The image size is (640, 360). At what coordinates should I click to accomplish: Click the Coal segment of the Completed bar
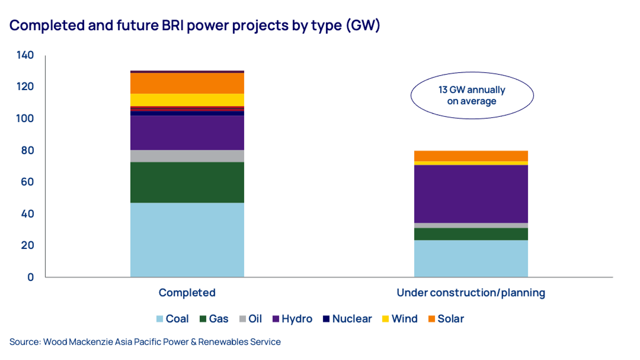(x=187, y=240)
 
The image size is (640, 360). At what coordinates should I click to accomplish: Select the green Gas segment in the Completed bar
(x=187, y=182)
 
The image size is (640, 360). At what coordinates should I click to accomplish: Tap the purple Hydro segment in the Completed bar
(x=187, y=133)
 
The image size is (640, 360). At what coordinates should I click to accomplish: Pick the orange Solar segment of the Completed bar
(x=187, y=83)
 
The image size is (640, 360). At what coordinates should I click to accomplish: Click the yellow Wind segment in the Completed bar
(x=187, y=100)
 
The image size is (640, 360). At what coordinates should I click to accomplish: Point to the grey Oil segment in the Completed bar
(x=187, y=156)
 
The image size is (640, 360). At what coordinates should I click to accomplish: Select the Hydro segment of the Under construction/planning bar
(x=471, y=194)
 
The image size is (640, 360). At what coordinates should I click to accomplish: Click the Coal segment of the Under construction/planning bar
(x=471, y=258)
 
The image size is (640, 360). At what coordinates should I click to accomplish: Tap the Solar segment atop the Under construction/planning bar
(x=471, y=156)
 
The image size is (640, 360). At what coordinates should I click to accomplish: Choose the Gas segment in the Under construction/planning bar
(x=471, y=234)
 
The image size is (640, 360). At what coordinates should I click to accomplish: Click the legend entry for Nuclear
(x=347, y=319)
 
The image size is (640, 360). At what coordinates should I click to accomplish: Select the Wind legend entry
(x=400, y=319)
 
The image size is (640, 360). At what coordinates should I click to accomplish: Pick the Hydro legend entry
(x=292, y=319)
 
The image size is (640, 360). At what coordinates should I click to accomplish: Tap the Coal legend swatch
(x=160, y=319)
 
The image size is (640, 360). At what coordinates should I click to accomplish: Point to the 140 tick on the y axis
(x=25, y=55)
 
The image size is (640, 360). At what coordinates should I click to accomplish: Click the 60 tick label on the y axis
(x=27, y=182)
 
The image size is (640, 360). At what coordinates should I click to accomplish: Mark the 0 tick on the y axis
(x=31, y=277)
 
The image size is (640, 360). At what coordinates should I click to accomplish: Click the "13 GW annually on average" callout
(x=472, y=95)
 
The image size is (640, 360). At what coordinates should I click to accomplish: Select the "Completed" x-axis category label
(x=187, y=292)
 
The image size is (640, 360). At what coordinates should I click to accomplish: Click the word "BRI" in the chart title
(x=173, y=26)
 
